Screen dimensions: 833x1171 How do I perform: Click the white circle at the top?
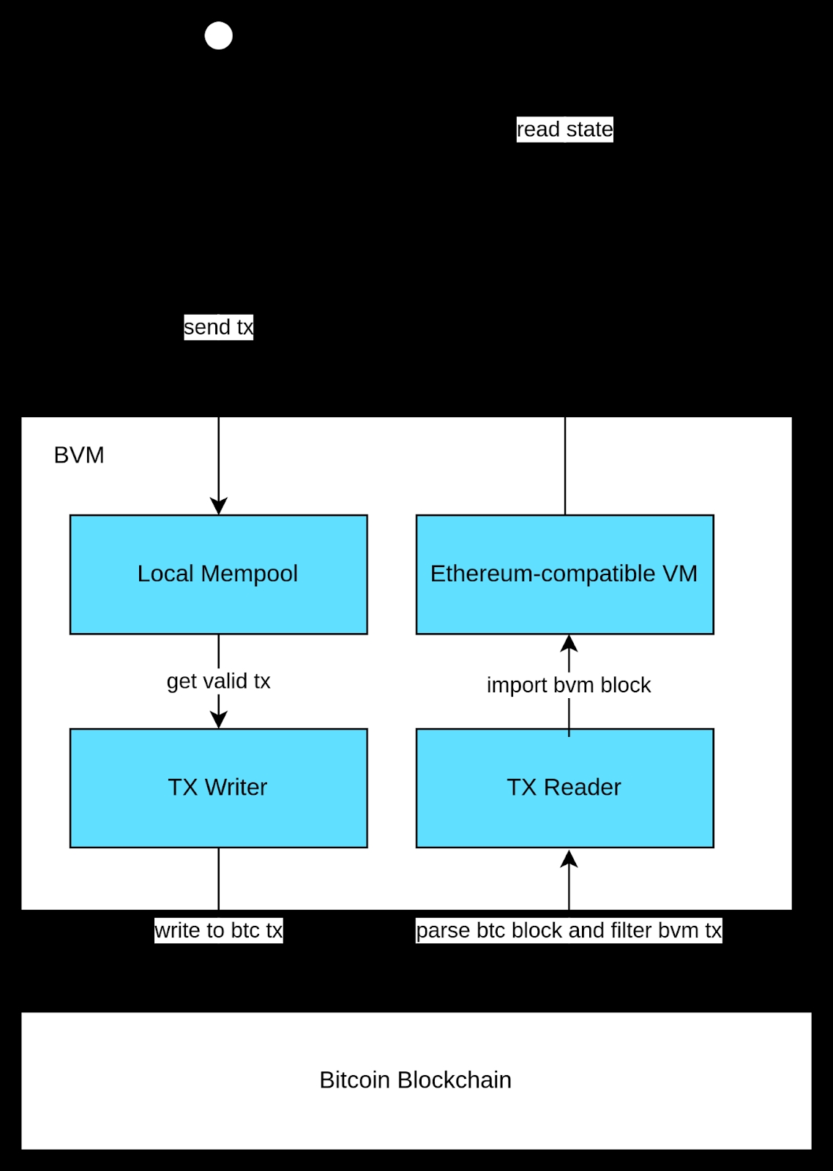219,36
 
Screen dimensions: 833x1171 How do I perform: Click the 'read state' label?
565,129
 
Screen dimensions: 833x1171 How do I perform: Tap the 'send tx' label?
219,327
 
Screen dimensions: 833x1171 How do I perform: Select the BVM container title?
79,455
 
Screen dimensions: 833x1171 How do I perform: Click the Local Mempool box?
219,575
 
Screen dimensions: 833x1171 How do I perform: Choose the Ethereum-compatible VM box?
565,575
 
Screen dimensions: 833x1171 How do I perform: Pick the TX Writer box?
219,787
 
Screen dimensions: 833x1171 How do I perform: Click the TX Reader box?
565,787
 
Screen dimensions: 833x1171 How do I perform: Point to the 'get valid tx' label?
219,681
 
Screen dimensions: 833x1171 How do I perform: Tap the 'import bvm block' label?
569,685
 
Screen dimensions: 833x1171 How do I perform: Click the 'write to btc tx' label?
219,930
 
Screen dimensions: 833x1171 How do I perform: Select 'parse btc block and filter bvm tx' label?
569,930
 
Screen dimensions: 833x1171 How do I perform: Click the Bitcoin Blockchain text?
416,1080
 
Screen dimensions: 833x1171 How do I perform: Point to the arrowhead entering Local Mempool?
219,506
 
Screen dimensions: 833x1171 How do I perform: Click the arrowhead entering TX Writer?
219,720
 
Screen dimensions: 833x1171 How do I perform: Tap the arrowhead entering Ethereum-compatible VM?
569,643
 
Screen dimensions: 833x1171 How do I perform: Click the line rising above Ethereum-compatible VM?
565,465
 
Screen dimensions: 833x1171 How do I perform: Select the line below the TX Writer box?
219,879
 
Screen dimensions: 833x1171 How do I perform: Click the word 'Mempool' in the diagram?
250,575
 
